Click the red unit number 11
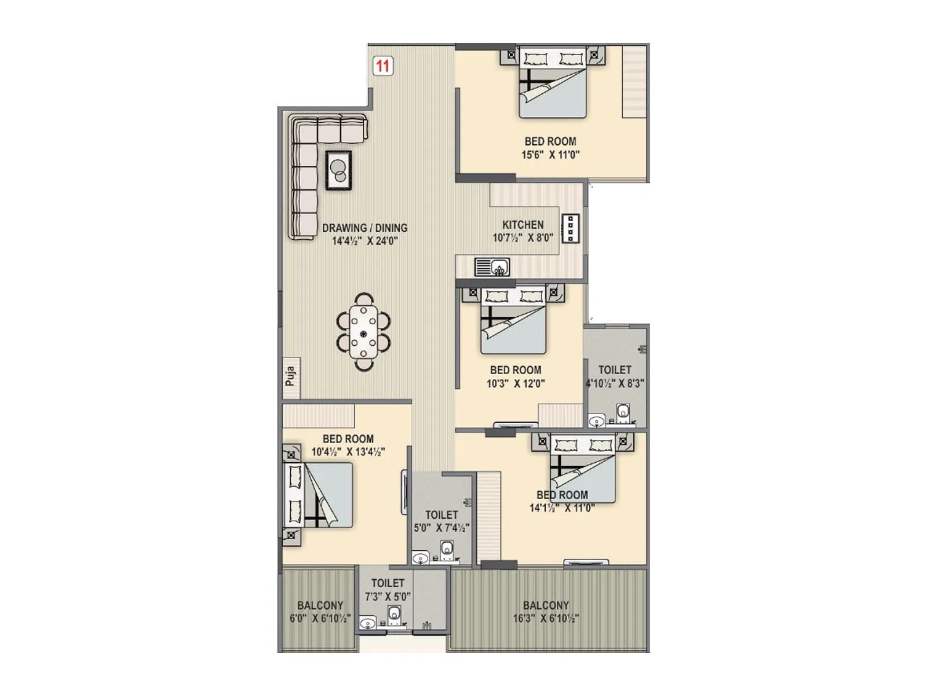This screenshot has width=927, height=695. coord(382,65)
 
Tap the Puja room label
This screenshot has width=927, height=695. coord(291,376)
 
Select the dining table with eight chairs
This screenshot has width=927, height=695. coord(363,332)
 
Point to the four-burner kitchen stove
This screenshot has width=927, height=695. coord(571,228)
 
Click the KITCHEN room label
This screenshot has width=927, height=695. coord(523,225)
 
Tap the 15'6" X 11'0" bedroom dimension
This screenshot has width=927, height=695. coord(550,155)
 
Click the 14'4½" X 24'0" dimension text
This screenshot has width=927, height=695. coord(364,241)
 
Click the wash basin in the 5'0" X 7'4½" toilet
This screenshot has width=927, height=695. coord(419,558)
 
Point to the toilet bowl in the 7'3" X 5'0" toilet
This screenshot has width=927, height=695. coord(395,613)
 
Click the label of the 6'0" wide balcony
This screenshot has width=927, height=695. coord(320,605)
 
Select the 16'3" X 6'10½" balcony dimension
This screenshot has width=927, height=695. coord(545,619)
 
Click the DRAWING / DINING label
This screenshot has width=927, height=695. coord(364,228)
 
